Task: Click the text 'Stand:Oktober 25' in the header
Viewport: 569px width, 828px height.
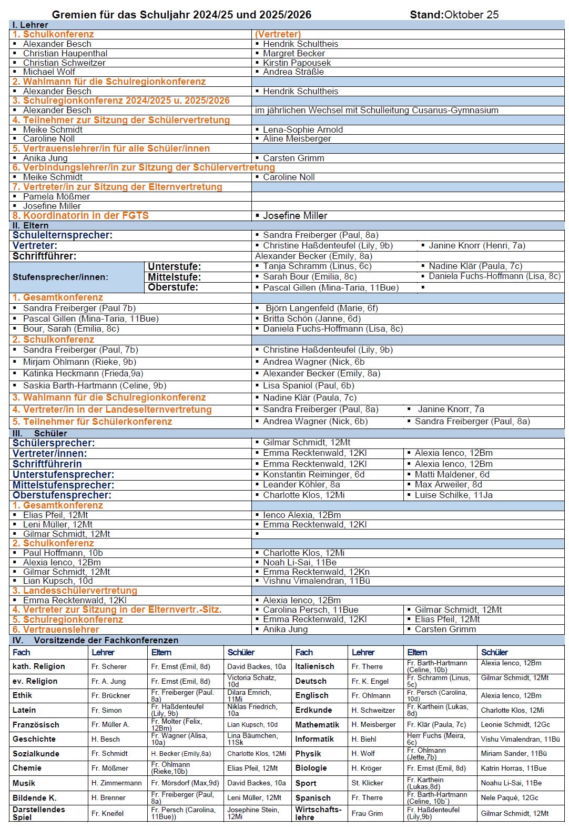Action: (x=454, y=15)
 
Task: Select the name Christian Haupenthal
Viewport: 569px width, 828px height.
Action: (x=65, y=53)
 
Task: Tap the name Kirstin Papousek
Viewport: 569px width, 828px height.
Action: (x=297, y=63)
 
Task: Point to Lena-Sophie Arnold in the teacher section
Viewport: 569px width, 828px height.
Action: (x=302, y=129)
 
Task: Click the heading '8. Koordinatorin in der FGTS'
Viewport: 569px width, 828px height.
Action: (x=80, y=215)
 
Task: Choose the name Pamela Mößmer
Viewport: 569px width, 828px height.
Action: (x=56, y=196)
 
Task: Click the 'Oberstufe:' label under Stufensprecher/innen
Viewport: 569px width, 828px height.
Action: (x=173, y=287)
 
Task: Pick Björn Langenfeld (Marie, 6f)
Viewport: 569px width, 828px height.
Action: (x=321, y=308)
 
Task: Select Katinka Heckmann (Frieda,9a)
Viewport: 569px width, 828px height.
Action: (x=83, y=373)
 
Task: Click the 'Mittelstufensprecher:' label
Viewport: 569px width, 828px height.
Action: (x=63, y=485)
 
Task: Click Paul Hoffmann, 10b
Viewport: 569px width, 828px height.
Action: (x=63, y=553)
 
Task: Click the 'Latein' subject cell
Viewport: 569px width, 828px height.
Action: (x=24, y=710)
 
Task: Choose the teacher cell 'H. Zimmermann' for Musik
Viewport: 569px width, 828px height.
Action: (x=116, y=783)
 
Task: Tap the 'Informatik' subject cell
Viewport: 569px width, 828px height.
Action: (x=314, y=739)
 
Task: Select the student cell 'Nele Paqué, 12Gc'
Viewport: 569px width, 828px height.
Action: (x=509, y=797)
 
